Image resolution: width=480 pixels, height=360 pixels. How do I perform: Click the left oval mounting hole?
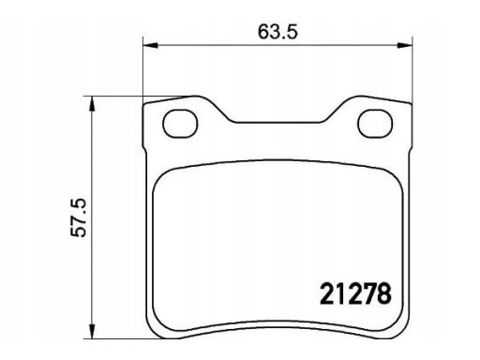click(x=177, y=120)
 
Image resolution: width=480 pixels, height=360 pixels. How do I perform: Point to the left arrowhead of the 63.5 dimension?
click(x=148, y=44)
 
